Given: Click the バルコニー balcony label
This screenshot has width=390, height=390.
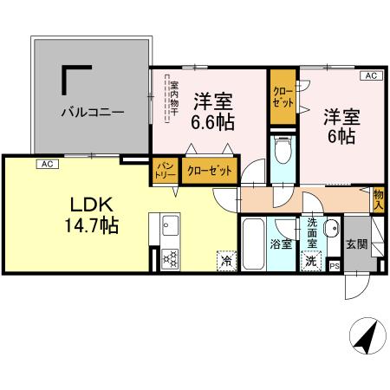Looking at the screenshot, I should click(92, 112).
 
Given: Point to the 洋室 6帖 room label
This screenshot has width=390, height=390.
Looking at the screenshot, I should click(341, 124).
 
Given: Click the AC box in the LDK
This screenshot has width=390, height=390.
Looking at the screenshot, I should click(47, 162).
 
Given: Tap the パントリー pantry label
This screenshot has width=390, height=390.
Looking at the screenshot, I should click(164, 170).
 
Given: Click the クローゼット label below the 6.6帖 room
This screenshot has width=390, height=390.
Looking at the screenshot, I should click(209, 171).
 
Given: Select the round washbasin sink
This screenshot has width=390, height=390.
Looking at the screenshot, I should click(330, 230).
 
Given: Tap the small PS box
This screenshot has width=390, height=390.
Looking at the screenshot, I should click(335, 267).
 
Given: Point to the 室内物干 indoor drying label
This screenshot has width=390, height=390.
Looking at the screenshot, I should click(172, 100).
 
